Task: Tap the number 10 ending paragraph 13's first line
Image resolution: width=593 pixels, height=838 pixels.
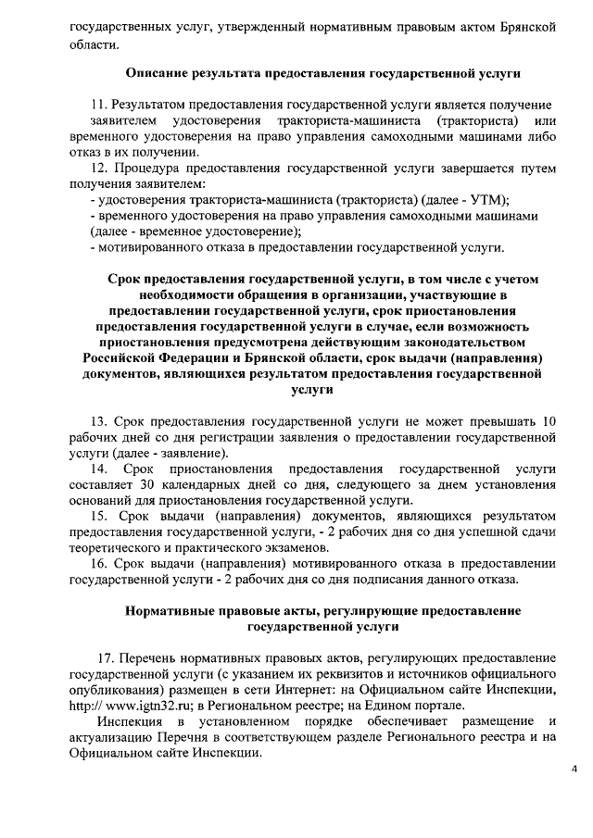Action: coord(549,422)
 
